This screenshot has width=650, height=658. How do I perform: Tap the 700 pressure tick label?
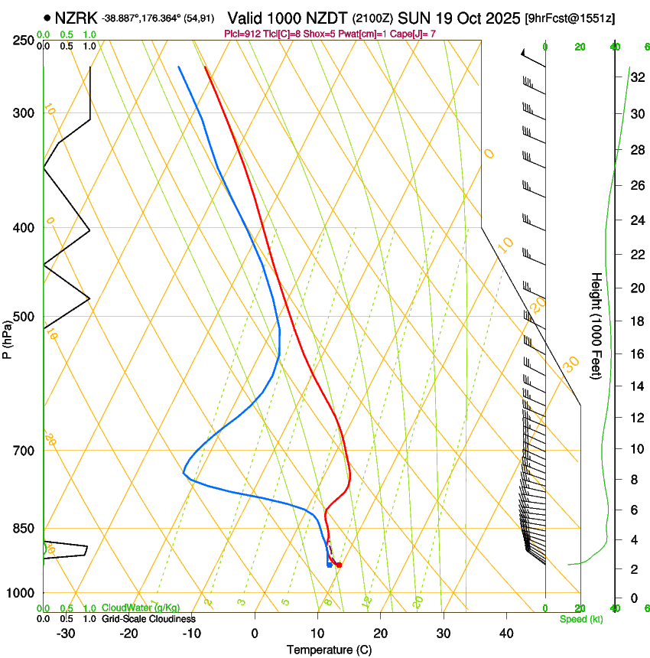point(24,451)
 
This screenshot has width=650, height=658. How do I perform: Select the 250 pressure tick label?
point(24,41)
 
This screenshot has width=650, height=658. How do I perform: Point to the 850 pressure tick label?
point(24,529)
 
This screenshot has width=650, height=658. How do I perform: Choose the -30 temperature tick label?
point(66,633)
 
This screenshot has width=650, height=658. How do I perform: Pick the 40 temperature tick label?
point(506,633)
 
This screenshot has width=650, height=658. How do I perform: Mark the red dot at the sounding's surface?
point(339,565)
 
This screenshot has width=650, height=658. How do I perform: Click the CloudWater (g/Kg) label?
point(141,608)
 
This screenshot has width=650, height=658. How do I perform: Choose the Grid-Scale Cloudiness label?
point(148,618)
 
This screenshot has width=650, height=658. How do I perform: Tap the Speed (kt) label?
point(580,618)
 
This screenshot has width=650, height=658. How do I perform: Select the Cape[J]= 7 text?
point(412,34)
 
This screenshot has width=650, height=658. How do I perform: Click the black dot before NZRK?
point(47,17)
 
